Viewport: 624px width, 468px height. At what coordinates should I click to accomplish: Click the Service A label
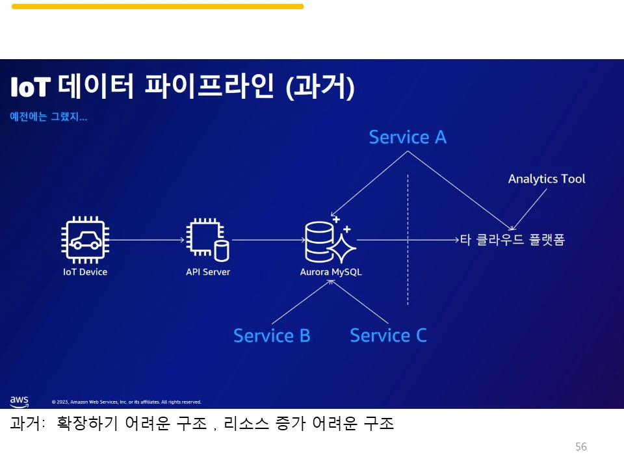[408, 137]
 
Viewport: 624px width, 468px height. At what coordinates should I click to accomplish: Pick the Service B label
[272, 335]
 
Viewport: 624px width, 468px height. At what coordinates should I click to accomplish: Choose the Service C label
[388, 335]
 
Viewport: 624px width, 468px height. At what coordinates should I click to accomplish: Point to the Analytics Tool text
[547, 179]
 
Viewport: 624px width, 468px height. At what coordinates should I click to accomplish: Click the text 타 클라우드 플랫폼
[512, 240]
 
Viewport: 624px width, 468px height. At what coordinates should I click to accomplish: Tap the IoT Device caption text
[85, 272]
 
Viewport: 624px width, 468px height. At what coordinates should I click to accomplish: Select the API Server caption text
[208, 272]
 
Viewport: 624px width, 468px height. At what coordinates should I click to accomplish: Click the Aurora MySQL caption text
[331, 272]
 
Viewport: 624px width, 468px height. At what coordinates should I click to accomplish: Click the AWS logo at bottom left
[19, 400]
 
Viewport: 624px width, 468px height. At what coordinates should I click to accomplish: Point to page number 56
[581, 447]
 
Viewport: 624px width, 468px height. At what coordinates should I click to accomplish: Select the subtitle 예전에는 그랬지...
[49, 117]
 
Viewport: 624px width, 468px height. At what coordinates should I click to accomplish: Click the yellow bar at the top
[157, 6]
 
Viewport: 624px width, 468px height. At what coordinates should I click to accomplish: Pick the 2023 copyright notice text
[126, 402]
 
